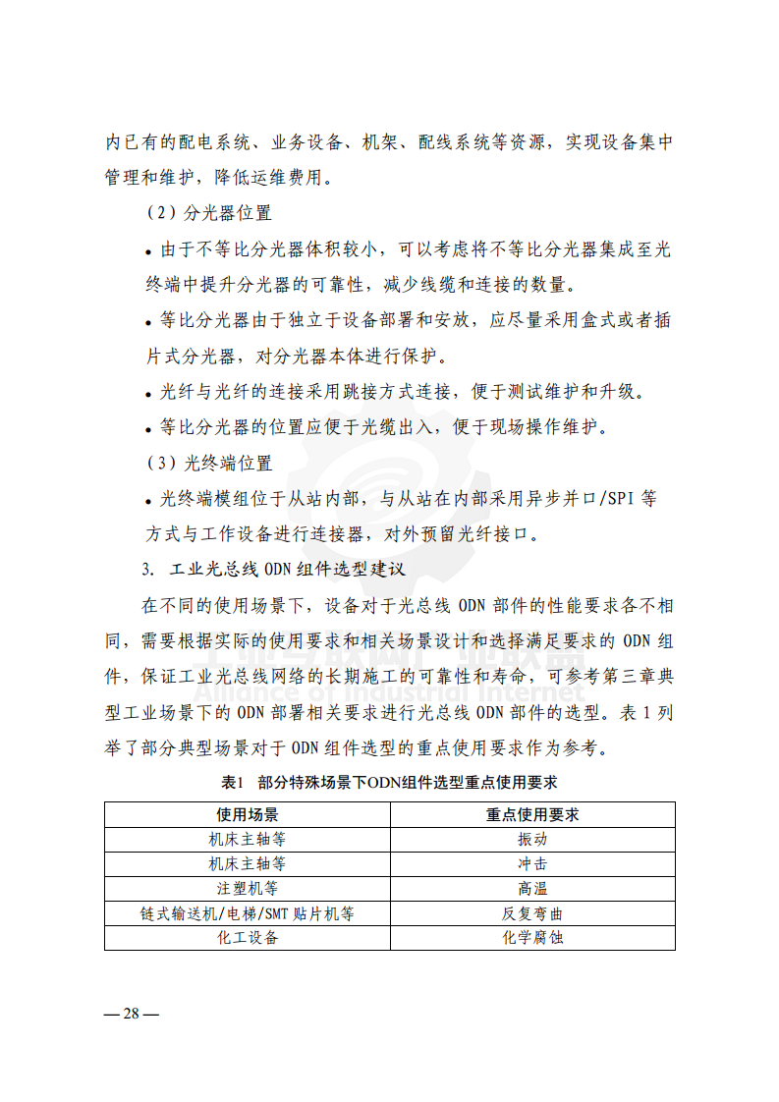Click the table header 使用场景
[x=248, y=815]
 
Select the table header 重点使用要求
[x=532, y=815]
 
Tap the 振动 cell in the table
[x=532, y=840]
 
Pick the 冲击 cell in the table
[x=532, y=864]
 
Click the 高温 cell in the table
[x=532, y=889]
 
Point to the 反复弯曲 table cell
[x=532, y=913]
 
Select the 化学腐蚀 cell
[x=532, y=938]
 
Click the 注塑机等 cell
[x=248, y=889]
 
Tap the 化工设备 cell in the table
[x=248, y=938]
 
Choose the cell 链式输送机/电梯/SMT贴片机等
[x=248, y=913]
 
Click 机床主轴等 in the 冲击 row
[x=248, y=864]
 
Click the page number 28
[x=131, y=1015]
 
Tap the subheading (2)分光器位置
[x=208, y=213]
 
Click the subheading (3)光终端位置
[x=208, y=463]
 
